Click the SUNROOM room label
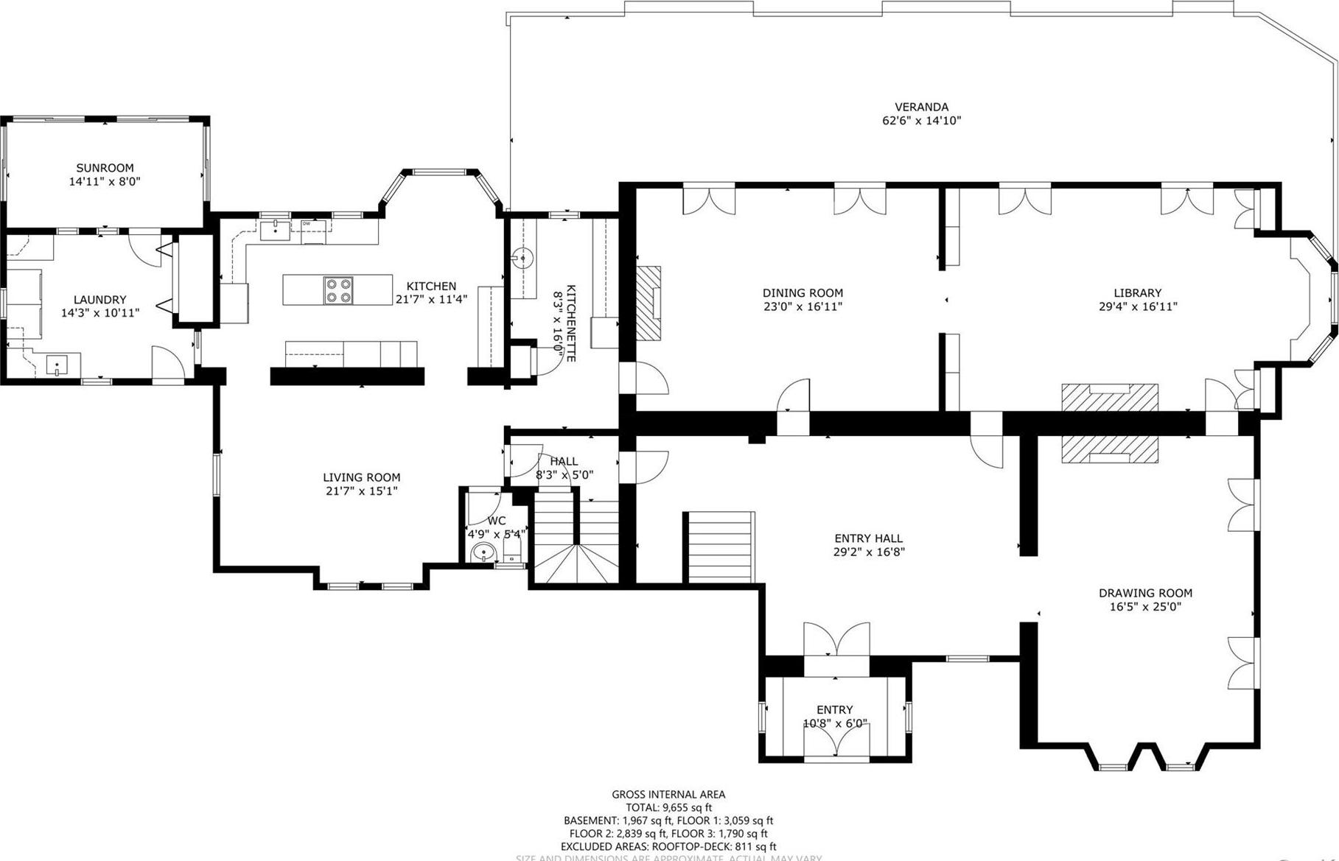coord(105,168)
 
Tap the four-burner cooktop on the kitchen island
coord(339,289)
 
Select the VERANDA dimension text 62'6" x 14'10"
coord(921,121)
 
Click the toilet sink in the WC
coord(483,552)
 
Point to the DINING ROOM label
coord(803,293)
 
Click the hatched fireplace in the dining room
coord(648,303)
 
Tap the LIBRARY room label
coord(1137,293)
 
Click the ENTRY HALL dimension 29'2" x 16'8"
coord(868,552)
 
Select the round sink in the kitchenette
coord(522,258)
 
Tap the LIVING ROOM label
coord(361,477)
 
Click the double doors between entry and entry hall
coord(836,639)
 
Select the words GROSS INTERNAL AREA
coord(668,794)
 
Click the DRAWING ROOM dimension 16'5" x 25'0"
coord(1144,607)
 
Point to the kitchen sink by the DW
coord(276,229)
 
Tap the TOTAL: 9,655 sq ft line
coord(668,807)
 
